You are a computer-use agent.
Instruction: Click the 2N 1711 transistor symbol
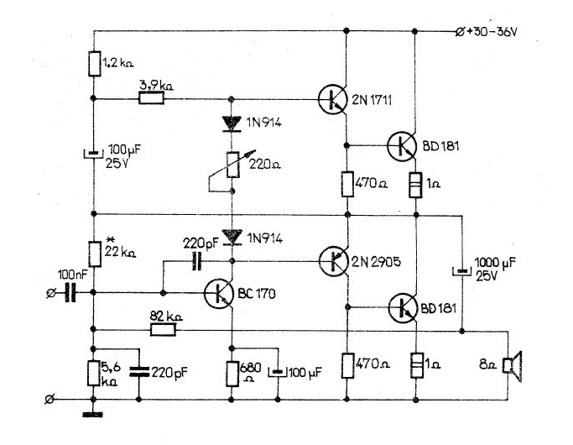[332, 99]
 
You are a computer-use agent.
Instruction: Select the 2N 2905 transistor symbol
[333, 261]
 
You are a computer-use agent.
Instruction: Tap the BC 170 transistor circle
[218, 293]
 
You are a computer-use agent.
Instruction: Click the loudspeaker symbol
[513, 366]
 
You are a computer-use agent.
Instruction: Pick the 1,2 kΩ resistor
[94, 64]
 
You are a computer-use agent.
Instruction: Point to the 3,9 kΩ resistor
[151, 98]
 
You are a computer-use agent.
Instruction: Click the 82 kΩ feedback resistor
[164, 330]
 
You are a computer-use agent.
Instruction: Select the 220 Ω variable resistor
[232, 165]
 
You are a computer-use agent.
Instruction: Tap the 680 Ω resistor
[232, 374]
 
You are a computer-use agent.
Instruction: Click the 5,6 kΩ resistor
[94, 373]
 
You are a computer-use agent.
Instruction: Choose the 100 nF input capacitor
[70, 292]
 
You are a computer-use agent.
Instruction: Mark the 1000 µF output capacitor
[461, 271]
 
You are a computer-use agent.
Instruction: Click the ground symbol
[93, 414]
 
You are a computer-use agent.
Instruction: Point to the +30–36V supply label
[492, 32]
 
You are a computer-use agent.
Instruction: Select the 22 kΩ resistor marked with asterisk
[95, 254]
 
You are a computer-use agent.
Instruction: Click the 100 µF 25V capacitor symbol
[94, 154]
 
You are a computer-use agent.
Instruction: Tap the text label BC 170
[257, 294]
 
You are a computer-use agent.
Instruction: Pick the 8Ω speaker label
[488, 365]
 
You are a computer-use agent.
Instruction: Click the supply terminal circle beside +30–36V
[460, 32]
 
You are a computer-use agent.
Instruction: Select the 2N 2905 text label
[376, 262]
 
